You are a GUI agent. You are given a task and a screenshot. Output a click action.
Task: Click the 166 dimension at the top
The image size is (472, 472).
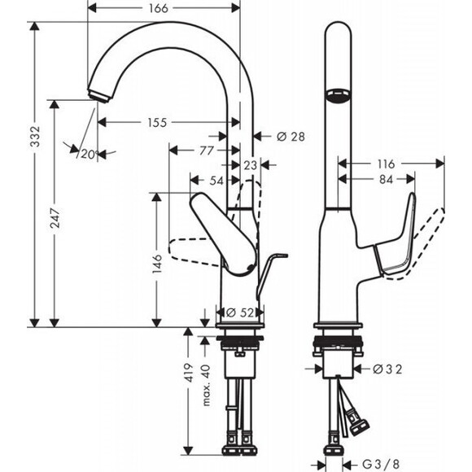[x=160, y=9]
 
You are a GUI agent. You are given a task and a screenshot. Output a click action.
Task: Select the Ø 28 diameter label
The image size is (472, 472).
[x=291, y=137]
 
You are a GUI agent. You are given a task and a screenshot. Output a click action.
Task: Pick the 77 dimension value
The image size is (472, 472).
[x=206, y=151]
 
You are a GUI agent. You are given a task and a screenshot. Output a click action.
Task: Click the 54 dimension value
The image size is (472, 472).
[x=215, y=180]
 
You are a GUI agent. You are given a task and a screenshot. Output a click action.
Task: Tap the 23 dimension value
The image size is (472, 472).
[x=250, y=165]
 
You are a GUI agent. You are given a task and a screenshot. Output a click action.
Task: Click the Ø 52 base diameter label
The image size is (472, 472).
[x=241, y=312]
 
